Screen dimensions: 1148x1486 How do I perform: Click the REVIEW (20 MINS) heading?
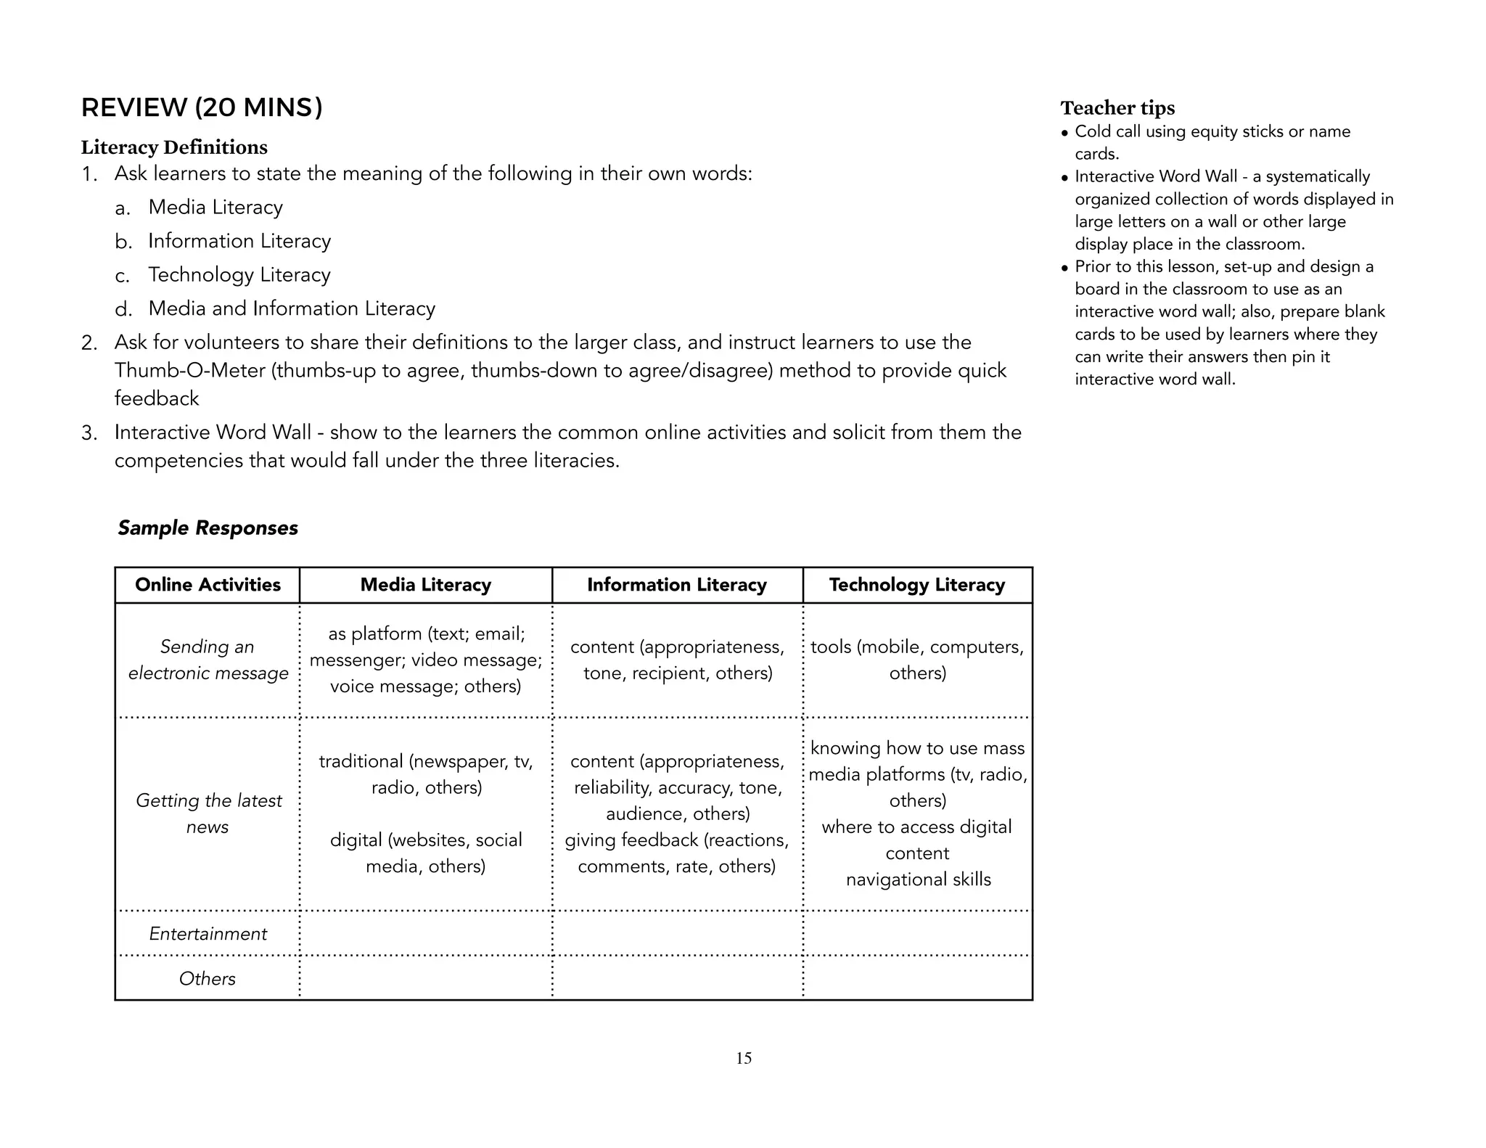point(202,107)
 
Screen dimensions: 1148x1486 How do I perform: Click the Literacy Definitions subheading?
point(174,147)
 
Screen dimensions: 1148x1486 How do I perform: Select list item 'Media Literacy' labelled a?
point(215,208)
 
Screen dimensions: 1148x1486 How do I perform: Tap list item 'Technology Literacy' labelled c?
point(239,275)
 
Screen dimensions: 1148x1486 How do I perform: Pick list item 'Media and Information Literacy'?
point(291,308)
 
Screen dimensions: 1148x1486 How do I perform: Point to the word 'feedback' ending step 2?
point(156,398)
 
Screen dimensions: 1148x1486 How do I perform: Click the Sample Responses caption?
point(208,528)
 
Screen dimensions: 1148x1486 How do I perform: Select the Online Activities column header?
point(208,585)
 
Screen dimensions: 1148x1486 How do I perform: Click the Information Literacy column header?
point(676,585)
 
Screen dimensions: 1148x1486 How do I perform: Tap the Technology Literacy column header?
point(916,585)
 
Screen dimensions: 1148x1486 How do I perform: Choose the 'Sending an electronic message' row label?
point(208,660)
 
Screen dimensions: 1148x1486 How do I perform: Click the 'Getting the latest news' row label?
point(208,813)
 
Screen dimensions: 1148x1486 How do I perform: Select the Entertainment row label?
point(208,934)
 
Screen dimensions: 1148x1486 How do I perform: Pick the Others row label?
point(208,979)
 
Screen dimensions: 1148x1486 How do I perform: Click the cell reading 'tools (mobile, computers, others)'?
point(917,660)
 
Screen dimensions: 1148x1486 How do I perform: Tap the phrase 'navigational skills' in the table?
point(918,880)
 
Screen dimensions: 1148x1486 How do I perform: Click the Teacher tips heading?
point(1117,108)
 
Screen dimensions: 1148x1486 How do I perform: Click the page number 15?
point(744,1058)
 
